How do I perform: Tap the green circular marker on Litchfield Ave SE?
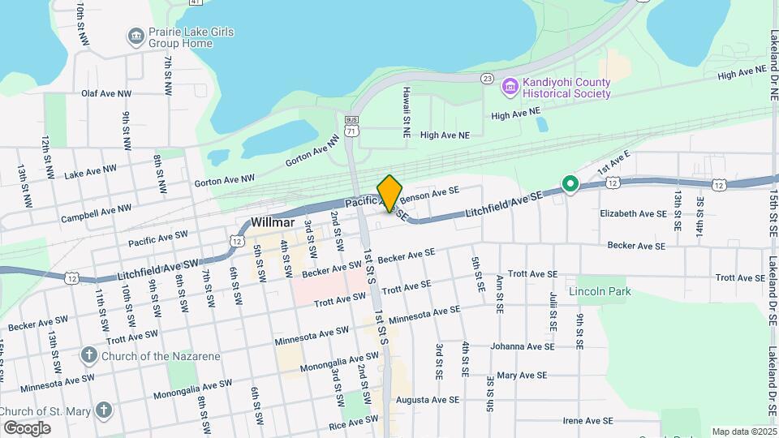point(570,186)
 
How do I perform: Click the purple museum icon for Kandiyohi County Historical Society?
point(510,86)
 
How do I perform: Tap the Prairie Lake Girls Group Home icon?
point(136,36)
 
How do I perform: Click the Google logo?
point(27,427)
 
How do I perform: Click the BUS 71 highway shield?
point(351,129)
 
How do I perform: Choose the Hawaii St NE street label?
point(406,107)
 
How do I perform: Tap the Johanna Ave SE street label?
point(523,346)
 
